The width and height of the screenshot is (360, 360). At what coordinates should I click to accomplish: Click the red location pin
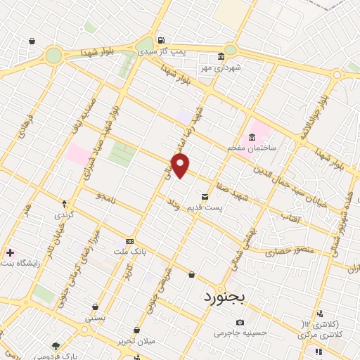coord(181,166)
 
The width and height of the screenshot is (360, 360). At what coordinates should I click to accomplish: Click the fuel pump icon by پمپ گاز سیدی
coord(162,40)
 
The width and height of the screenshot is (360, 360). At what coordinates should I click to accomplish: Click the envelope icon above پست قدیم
coord(205,197)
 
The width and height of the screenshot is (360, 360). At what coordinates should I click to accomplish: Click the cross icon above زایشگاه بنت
coord(9,252)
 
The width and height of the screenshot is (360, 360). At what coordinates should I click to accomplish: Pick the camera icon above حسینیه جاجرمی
coord(240,322)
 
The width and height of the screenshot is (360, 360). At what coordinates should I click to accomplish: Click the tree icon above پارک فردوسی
coord(56,345)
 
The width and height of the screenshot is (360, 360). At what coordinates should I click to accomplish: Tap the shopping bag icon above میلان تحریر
coord(136,330)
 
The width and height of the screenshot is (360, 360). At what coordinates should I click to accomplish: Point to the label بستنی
coord(94,318)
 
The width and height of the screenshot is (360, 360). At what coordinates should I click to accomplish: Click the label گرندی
coord(65,213)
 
